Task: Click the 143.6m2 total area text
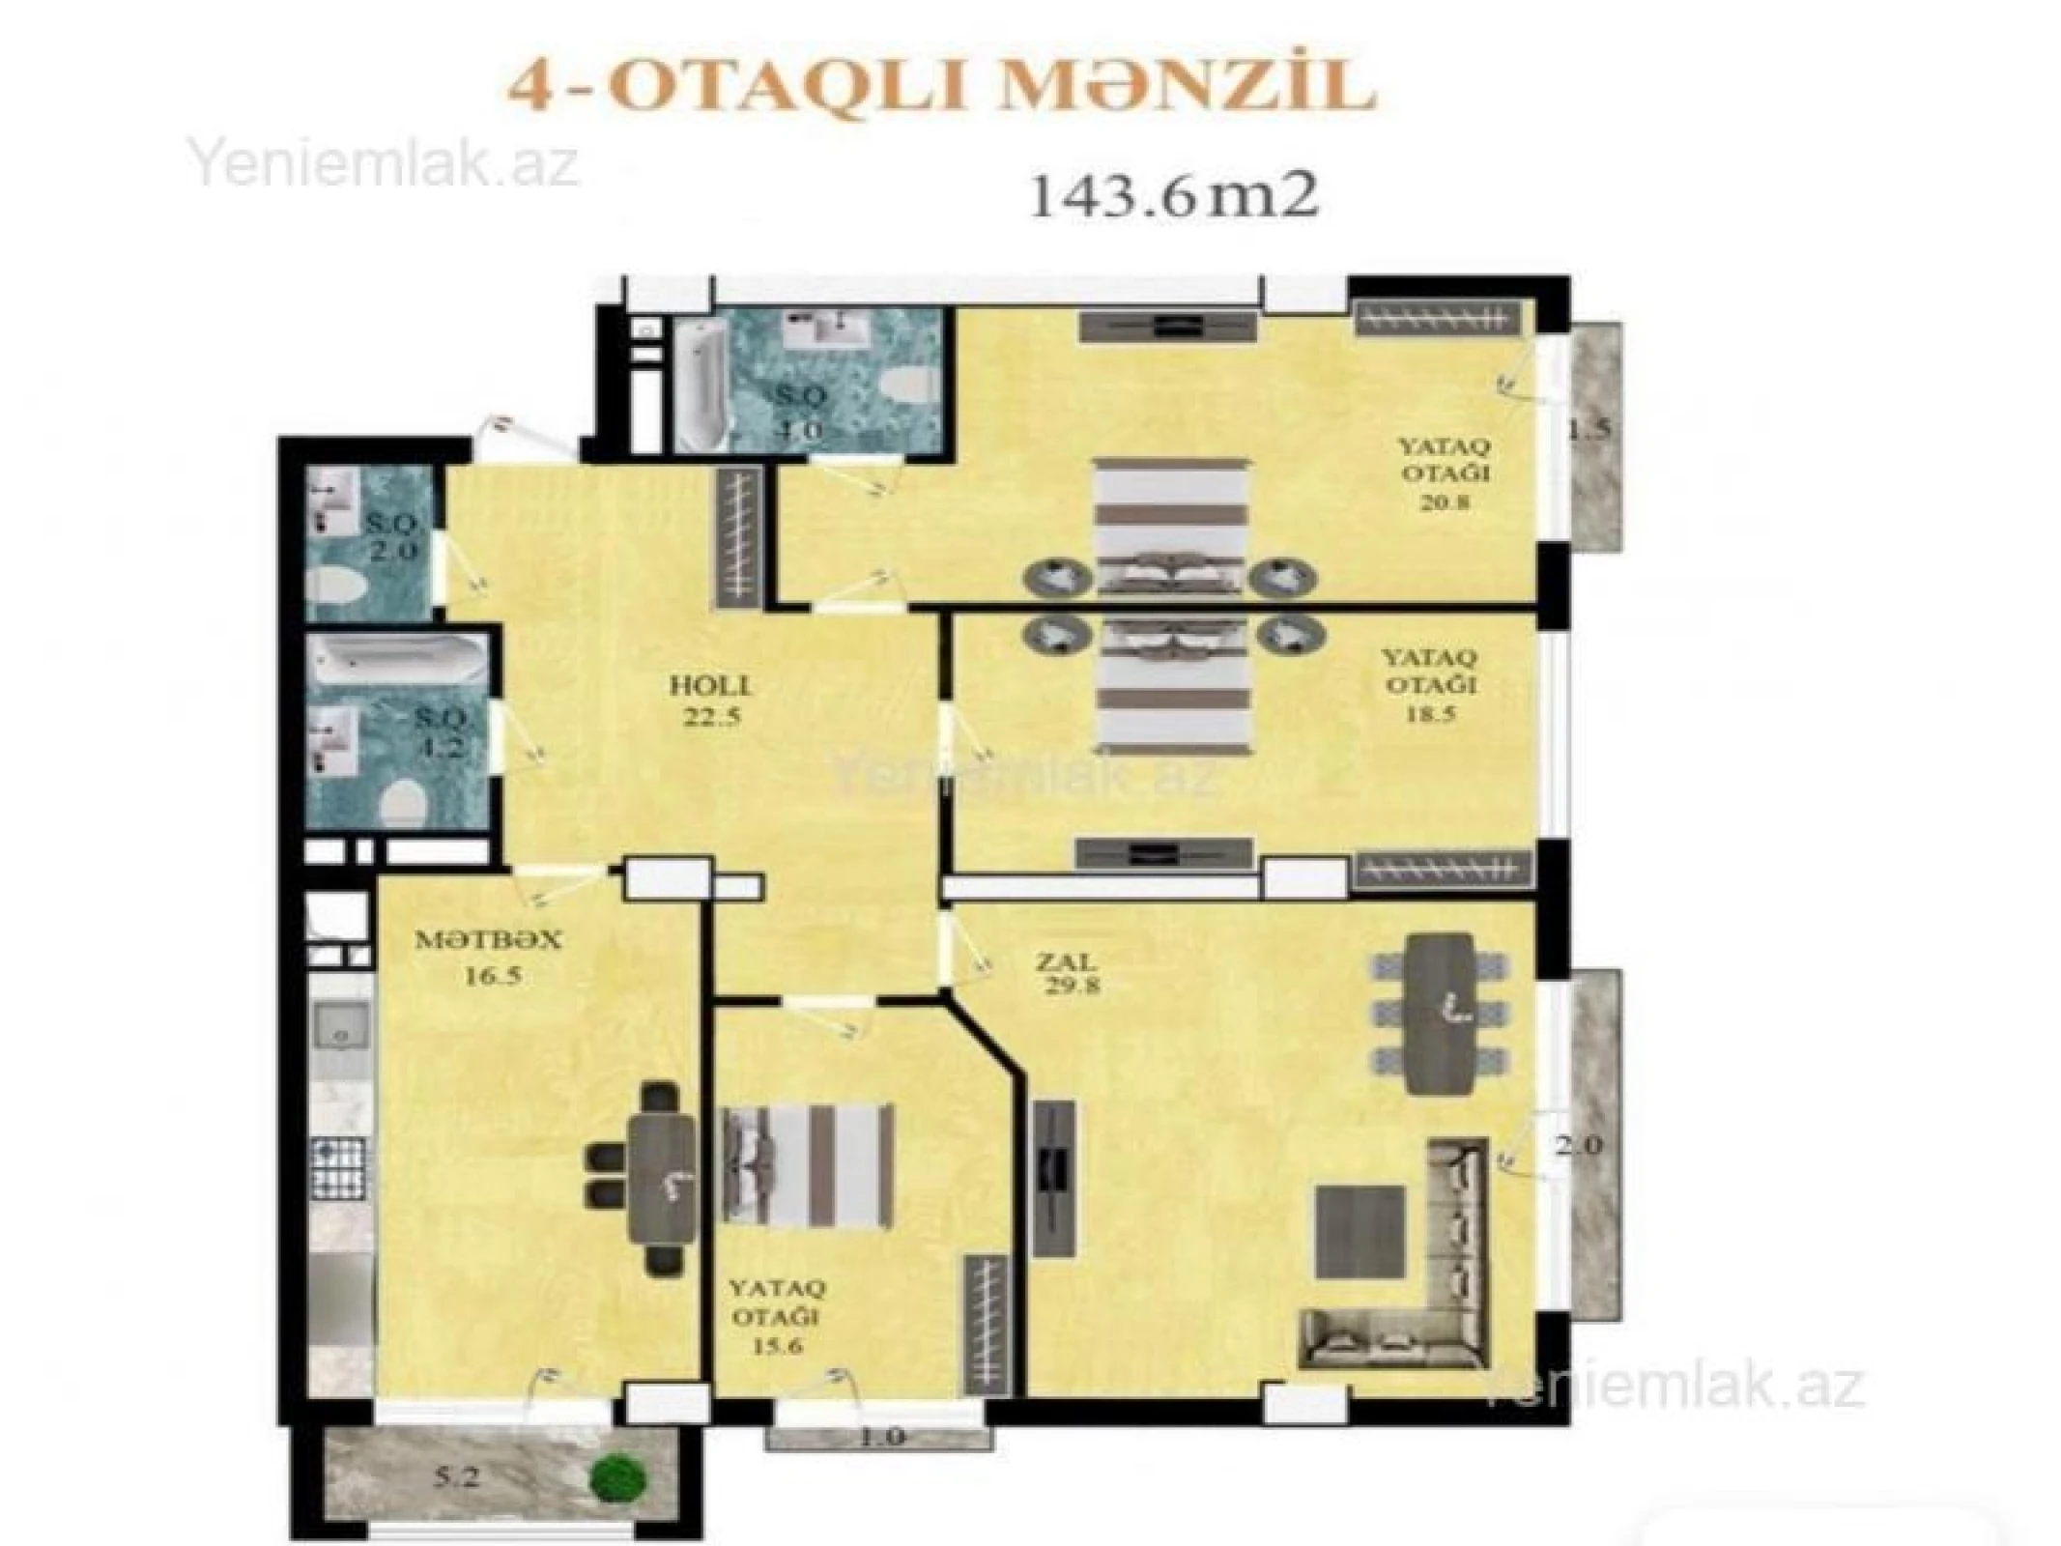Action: (1173, 199)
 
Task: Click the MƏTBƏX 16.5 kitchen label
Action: (488, 956)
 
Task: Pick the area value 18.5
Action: (1431, 714)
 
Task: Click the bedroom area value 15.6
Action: (778, 1346)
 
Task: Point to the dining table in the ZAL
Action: (1440, 1013)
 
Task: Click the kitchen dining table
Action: (663, 1179)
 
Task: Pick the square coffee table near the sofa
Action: (1359, 1231)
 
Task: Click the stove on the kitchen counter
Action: (340, 1168)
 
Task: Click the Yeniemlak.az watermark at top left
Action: (385, 164)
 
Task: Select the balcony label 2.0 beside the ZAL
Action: (1578, 1146)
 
